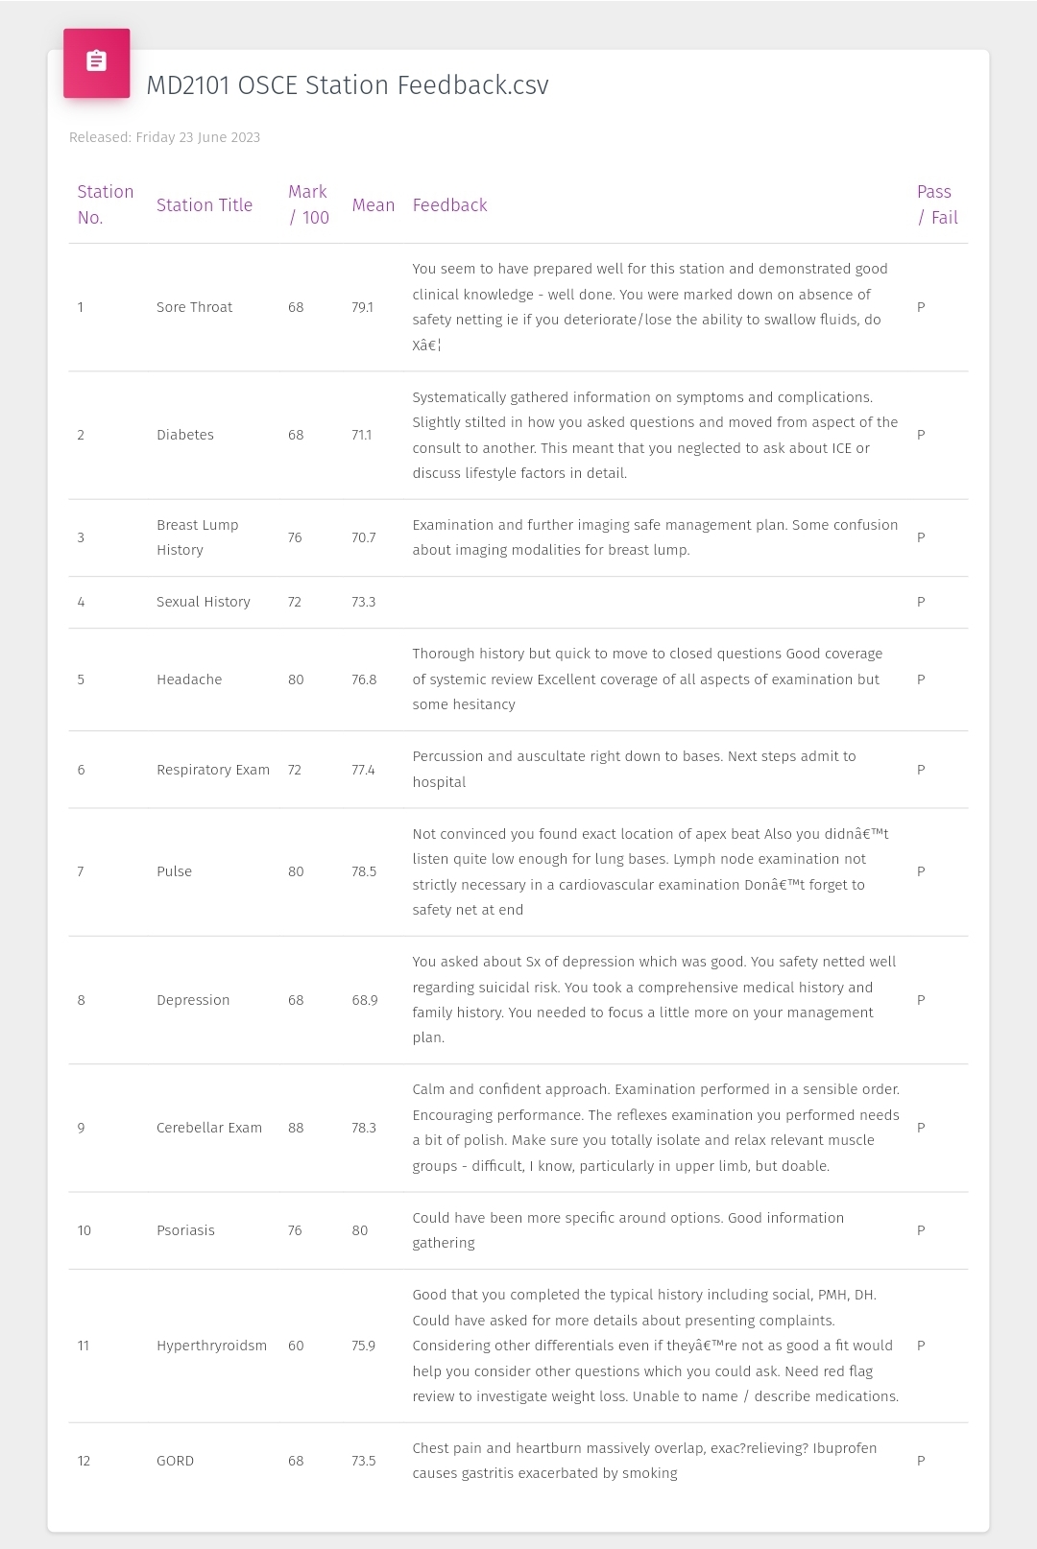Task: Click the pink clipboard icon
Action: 96,62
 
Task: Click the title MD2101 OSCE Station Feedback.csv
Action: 347,85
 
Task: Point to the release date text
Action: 164,137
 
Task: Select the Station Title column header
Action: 204,204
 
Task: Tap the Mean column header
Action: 373,204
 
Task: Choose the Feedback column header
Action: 449,204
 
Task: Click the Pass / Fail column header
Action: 936,204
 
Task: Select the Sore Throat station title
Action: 194,307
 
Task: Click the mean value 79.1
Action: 362,307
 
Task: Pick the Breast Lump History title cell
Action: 197,537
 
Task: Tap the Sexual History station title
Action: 203,602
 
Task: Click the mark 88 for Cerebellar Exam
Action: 296,1128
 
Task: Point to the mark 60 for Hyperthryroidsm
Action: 296,1346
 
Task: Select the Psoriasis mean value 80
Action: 359,1230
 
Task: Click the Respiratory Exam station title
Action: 212,770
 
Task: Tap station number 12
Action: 84,1461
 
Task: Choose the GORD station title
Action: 175,1461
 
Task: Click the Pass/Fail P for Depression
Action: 921,1000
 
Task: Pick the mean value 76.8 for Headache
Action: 364,679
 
